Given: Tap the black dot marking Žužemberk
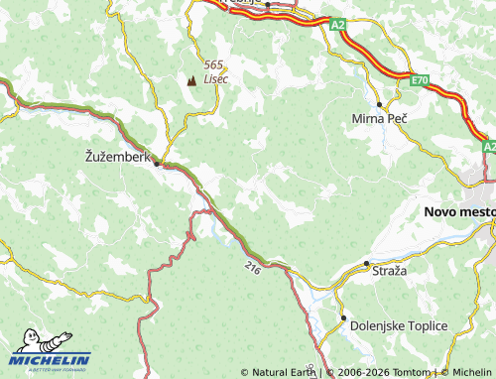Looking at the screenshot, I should [156, 165].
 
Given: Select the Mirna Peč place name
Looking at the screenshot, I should [380, 118].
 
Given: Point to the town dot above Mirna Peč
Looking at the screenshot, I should [380, 104].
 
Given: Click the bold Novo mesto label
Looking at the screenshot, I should [458, 211].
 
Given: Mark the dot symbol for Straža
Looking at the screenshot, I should [366, 263].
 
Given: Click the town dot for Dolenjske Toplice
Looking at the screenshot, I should [344, 318].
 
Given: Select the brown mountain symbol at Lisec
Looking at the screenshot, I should [191, 80].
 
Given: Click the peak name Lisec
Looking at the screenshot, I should [215, 78].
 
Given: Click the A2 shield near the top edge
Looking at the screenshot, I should [338, 23].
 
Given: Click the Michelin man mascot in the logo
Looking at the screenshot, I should [27, 343].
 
